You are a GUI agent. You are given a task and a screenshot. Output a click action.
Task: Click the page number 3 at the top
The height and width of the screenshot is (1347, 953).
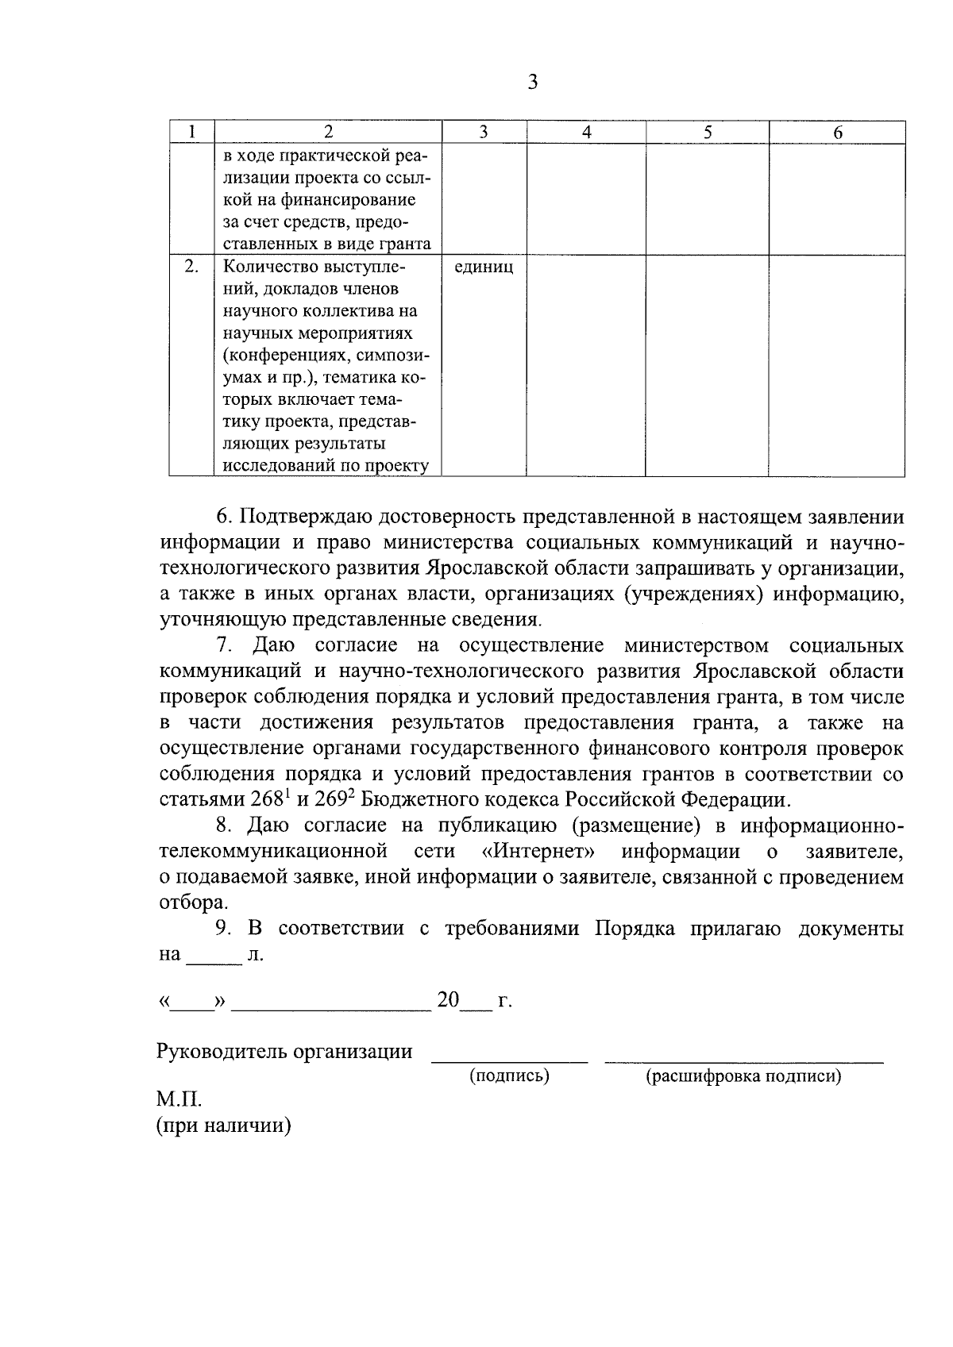532,82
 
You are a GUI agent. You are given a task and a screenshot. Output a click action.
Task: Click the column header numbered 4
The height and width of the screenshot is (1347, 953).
586,133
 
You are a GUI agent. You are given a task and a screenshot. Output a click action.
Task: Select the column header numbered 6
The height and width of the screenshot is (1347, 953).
837,133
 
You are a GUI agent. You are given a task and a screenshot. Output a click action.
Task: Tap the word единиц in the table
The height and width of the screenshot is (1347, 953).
484,267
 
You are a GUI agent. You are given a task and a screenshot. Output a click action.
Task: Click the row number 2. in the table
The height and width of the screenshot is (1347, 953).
191,267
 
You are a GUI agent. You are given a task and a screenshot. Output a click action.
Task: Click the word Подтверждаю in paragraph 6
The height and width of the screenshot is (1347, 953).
305,518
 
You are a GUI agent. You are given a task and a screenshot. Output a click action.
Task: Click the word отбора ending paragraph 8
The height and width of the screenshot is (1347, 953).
191,902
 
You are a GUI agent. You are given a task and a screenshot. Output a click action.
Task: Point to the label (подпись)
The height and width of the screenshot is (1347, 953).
509,1076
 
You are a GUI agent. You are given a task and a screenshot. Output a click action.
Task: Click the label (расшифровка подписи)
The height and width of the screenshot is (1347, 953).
743,1076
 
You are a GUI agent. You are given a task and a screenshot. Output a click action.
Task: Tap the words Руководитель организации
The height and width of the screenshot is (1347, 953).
285,1052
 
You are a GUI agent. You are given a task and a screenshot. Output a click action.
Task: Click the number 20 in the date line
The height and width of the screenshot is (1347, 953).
448,1000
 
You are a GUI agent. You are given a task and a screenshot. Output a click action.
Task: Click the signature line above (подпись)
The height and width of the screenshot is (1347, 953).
509,1060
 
